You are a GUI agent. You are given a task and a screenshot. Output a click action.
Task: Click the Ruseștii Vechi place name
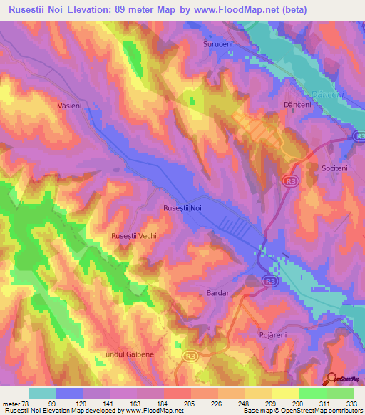pos(134,235)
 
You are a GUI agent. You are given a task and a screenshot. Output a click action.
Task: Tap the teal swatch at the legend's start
pos(42,393)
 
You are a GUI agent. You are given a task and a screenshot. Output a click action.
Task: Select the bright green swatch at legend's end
pos(340,393)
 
